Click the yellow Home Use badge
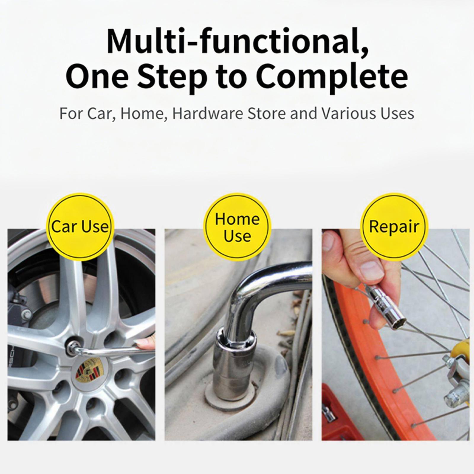coord(237,227)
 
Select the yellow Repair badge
coord(394,227)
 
